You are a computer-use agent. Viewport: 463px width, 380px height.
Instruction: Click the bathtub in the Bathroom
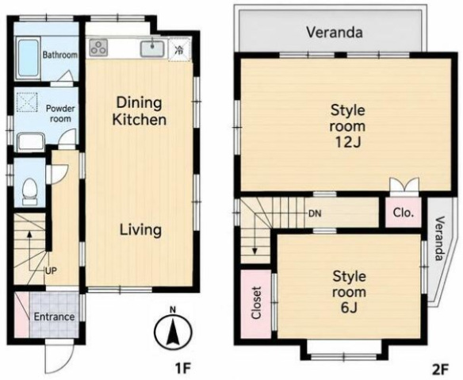pos(28,58)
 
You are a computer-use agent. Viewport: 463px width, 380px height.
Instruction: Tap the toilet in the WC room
pos(30,191)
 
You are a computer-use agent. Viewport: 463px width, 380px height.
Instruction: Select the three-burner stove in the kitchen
pos(98,48)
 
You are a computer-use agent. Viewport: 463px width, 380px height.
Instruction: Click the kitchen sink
pos(152,48)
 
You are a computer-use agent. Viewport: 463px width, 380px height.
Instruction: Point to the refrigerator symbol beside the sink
pos(179,49)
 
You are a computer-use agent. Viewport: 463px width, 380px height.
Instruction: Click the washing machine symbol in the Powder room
pos(27,102)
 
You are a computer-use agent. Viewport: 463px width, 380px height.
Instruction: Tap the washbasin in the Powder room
pos(31,142)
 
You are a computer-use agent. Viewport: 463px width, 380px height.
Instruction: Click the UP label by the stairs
pos(51,271)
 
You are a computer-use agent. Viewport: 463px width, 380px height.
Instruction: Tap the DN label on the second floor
pos(315,213)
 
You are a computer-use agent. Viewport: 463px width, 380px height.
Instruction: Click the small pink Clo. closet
pos(404,213)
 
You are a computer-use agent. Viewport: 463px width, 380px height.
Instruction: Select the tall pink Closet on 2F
pos(256,304)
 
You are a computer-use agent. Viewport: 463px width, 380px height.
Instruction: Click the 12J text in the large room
pos(348,142)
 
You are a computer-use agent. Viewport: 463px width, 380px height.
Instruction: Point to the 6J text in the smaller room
pos(350,308)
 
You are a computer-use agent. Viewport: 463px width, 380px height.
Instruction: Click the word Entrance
pos(54,317)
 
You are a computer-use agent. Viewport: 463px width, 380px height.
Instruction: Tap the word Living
pos(140,230)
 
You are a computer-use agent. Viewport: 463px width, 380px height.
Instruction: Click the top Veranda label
pos(335,33)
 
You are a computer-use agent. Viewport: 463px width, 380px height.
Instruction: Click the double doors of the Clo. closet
pos(404,185)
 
